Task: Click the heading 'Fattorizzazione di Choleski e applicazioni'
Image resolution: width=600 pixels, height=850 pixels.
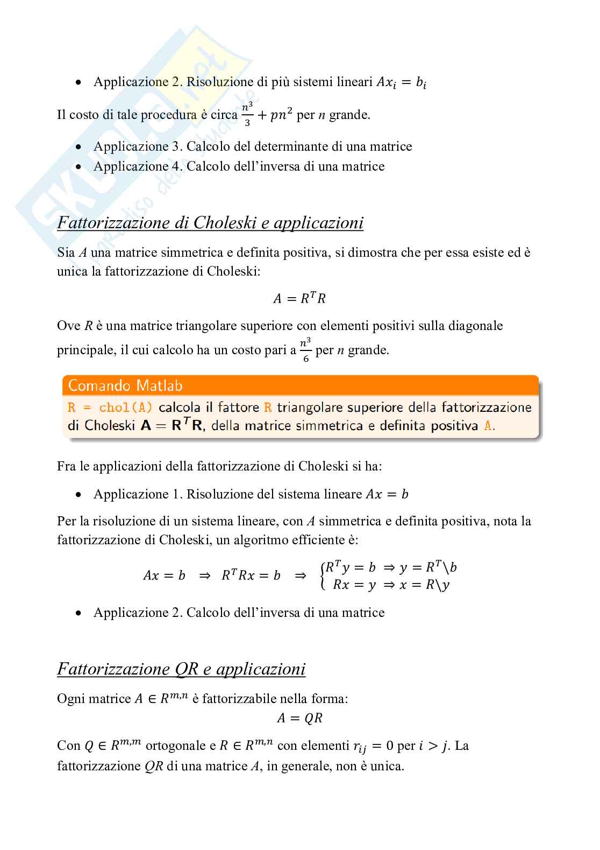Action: pyautogui.click(x=210, y=223)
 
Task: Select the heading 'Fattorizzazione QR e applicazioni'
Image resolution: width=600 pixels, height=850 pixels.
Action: pyautogui.click(x=181, y=669)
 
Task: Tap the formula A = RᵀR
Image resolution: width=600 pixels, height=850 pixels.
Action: pyautogui.click(x=299, y=298)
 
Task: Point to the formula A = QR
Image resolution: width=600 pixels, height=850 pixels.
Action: pyautogui.click(x=299, y=718)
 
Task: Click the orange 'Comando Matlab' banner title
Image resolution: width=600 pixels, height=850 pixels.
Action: pyautogui.click(x=126, y=385)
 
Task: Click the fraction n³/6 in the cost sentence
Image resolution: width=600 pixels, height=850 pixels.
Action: pyautogui.click(x=305, y=350)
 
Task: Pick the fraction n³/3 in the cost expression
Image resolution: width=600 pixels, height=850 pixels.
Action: pyautogui.click(x=247, y=115)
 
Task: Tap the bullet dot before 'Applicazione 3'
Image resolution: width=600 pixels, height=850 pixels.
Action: pyautogui.click(x=79, y=147)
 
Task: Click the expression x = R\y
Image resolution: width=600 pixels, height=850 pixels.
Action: pyautogui.click(x=424, y=585)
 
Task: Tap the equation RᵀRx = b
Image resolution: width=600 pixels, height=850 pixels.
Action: pyautogui.click(x=251, y=575)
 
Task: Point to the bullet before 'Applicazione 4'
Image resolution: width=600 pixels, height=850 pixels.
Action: pyautogui.click(x=79, y=167)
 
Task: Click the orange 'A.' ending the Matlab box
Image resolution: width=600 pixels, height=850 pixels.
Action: pyautogui.click(x=489, y=426)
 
